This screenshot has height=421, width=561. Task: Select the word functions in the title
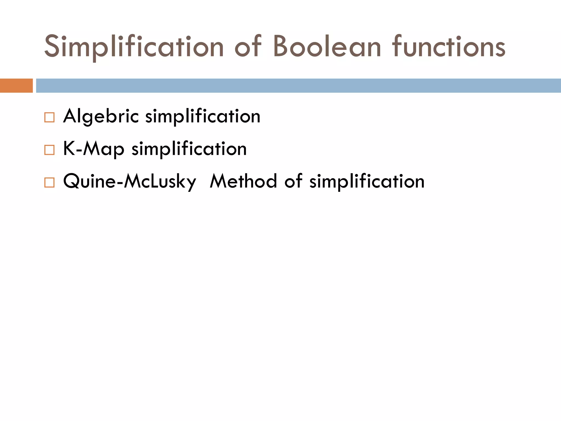coord(449,47)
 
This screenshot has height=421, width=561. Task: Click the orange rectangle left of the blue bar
coord(16,86)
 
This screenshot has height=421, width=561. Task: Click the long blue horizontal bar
coord(299,86)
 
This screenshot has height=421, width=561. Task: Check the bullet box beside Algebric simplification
coord(49,117)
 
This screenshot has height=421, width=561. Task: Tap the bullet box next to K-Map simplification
coord(49,150)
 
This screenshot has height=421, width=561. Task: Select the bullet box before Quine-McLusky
coord(49,182)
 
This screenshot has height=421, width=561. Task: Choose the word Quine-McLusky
coord(130,181)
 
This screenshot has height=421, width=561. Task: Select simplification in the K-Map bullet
coord(189,149)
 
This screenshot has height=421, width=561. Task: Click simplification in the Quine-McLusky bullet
coord(367,181)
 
